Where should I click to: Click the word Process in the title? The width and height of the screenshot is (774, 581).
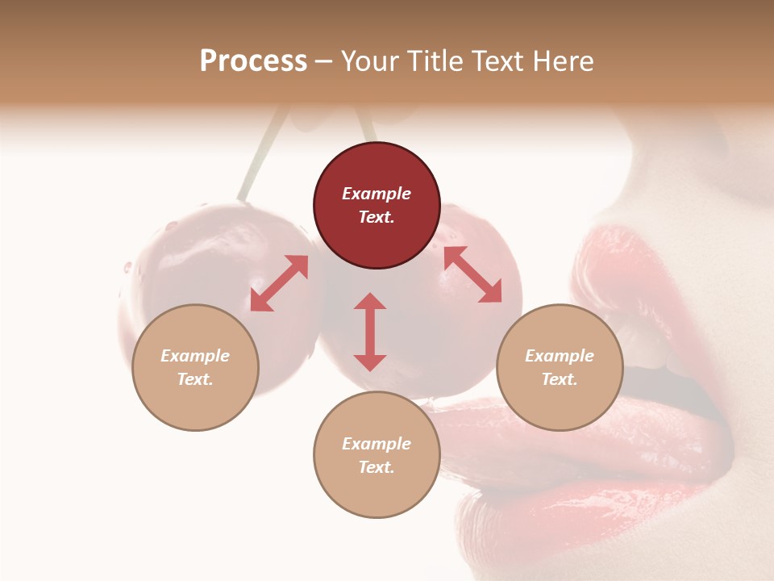(x=253, y=61)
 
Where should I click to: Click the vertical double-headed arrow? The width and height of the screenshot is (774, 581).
(x=370, y=332)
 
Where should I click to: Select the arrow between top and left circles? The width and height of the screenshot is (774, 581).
(x=279, y=283)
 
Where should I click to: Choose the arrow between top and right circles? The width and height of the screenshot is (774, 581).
(x=472, y=274)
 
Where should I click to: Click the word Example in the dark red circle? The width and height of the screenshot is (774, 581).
(x=377, y=194)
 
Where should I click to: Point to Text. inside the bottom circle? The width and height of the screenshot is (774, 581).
(x=377, y=467)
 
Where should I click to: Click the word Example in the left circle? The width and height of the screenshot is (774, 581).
(x=195, y=356)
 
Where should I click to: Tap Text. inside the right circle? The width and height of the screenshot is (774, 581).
(x=560, y=379)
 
